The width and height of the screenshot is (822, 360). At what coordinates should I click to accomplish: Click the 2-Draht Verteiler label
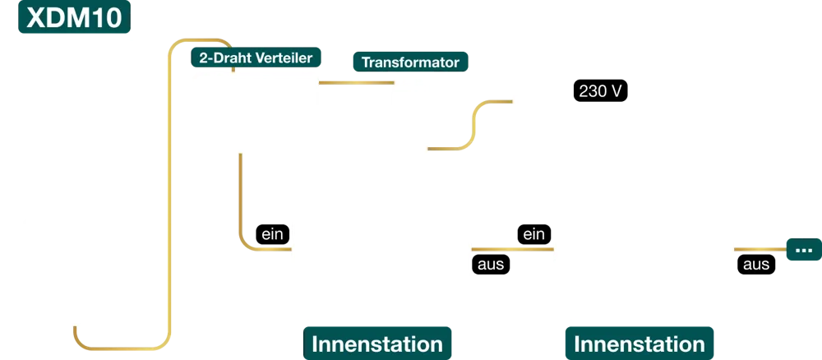(x=256, y=58)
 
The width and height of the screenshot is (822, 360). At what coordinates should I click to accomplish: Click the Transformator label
(x=410, y=62)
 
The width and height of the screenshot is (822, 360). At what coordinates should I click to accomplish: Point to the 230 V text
(x=600, y=91)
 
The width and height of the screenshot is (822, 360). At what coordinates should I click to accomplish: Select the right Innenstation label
(x=639, y=344)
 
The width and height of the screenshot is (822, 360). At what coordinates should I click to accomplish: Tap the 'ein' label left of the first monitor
(x=272, y=234)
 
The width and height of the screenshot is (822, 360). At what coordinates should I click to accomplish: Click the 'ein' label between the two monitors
(x=533, y=234)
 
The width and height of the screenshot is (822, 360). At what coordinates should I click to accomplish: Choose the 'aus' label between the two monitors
(x=491, y=264)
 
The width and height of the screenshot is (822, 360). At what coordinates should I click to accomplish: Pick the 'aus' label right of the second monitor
(x=756, y=264)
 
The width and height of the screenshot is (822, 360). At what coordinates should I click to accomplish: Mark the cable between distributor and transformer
(x=353, y=81)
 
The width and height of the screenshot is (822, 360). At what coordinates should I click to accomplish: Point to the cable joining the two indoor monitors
(x=512, y=248)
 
